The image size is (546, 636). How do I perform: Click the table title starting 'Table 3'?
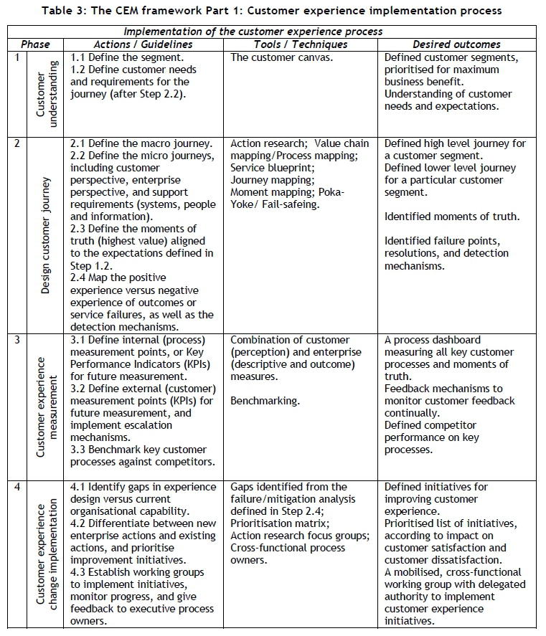tap(272, 10)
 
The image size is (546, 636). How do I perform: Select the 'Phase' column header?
tap(35, 44)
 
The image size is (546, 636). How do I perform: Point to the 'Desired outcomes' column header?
tap(456, 44)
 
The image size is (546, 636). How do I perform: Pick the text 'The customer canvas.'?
tap(281, 57)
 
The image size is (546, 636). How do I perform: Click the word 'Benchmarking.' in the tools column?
tap(265, 401)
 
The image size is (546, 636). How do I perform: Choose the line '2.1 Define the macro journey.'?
tap(141, 143)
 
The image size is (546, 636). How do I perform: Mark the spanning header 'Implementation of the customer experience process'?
tap(253, 32)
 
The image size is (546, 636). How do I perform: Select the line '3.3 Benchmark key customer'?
tap(139, 450)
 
